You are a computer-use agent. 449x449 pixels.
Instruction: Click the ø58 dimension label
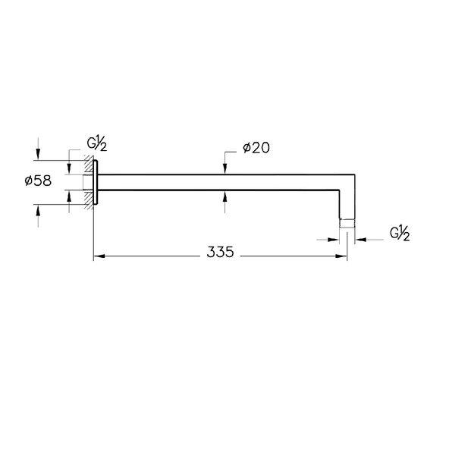click(38, 181)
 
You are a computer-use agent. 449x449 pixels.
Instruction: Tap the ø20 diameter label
click(256, 148)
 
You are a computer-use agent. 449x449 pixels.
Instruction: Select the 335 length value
click(220, 253)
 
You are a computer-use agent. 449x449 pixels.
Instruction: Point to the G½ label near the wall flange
click(97, 144)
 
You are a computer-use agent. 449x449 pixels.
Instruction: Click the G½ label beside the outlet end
click(400, 234)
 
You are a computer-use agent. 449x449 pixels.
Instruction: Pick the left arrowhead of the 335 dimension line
click(99, 256)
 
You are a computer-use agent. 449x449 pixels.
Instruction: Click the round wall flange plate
click(96, 182)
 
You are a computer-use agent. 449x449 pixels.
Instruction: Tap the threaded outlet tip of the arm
click(347, 224)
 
